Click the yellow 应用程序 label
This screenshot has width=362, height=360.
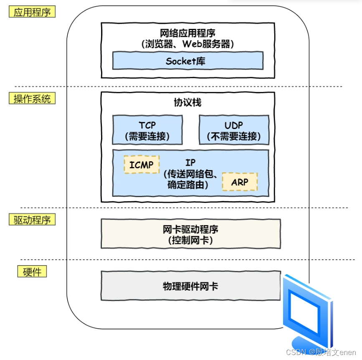click(x=32, y=12)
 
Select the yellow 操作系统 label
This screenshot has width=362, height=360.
click(x=32, y=99)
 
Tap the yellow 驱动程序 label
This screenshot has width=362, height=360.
click(x=32, y=219)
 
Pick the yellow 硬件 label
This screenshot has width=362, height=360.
click(x=32, y=271)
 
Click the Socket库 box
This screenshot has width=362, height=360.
click(x=188, y=61)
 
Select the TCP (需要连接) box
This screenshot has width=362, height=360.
click(x=147, y=130)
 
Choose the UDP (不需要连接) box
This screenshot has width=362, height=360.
click(x=234, y=130)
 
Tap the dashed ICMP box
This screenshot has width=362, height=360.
click(x=142, y=165)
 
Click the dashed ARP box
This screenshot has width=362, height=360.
click(x=240, y=182)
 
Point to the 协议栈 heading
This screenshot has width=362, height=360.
click(x=187, y=102)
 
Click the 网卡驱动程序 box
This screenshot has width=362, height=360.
click(x=191, y=234)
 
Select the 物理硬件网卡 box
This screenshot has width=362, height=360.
click(x=191, y=286)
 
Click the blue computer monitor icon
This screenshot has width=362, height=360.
click(x=308, y=312)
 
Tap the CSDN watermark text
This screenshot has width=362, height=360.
click(x=321, y=352)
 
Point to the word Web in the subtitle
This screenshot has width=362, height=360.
click(x=191, y=44)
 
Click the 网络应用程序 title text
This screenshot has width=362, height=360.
click(x=187, y=33)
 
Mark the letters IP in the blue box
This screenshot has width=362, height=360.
click(x=190, y=162)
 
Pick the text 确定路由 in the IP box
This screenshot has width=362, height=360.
click(x=186, y=185)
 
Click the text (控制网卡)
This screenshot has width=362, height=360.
click(x=190, y=240)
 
